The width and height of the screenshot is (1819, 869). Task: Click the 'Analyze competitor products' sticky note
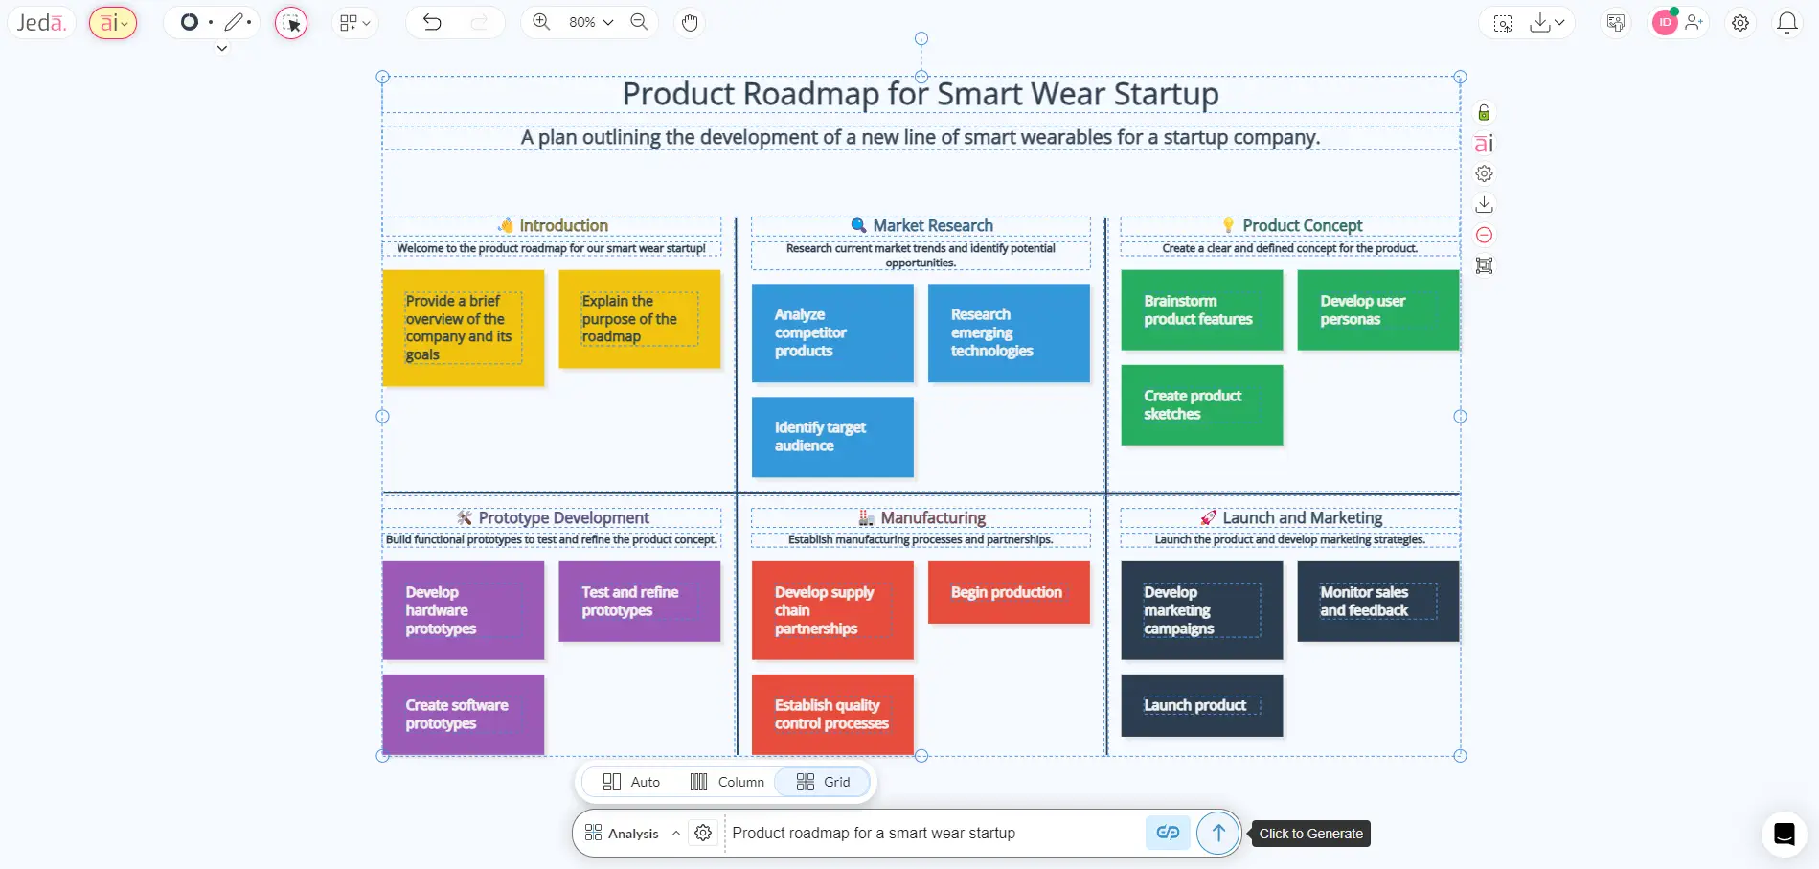(x=831, y=332)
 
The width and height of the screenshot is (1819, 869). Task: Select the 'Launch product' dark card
(x=1201, y=706)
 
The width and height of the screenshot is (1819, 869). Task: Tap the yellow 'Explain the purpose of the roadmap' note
(x=639, y=319)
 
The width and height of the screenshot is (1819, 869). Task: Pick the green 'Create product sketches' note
(x=1201, y=404)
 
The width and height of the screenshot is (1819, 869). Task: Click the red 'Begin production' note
(x=1008, y=592)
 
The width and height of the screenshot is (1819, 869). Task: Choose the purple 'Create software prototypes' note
(x=463, y=714)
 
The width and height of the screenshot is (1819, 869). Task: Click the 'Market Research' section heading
(x=932, y=226)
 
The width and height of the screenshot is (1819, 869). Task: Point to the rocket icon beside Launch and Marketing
(x=1209, y=518)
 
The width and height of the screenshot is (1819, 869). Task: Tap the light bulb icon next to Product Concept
(x=1228, y=226)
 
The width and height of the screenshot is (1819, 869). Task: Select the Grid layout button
(x=823, y=782)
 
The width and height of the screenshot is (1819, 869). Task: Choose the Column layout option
(x=727, y=782)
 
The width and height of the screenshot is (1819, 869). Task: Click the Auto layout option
(x=631, y=782)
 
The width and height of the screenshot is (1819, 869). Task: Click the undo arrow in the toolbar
(x=432, y=22)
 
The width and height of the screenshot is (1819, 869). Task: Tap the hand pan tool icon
(x=690, y=22)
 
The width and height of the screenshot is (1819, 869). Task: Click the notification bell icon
(x=1786, y=23)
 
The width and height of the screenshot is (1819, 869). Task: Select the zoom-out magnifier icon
(x=639, y=22)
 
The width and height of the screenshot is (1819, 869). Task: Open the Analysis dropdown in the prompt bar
(x=632, y=834)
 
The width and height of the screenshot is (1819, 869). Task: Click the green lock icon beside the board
(x=1484, y=113)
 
